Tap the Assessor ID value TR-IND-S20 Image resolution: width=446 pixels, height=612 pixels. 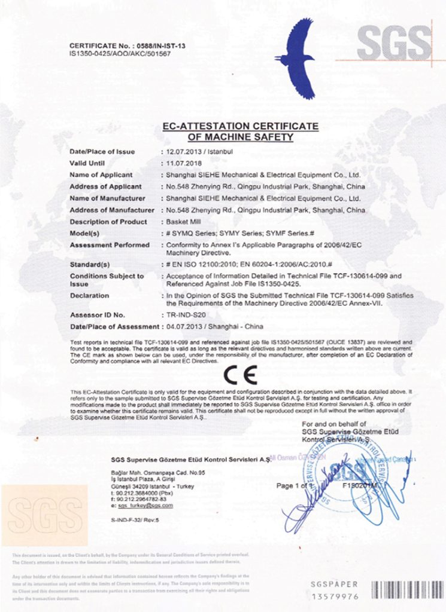click(190, 314)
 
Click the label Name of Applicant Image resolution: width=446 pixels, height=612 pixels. click(101, 175)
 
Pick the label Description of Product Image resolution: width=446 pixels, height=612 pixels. click(108, 222)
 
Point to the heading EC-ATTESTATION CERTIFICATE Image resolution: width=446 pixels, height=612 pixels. click(240, 126)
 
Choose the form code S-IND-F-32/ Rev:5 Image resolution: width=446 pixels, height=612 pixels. click(135, 521)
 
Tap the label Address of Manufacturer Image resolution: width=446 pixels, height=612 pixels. click(112, 210)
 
